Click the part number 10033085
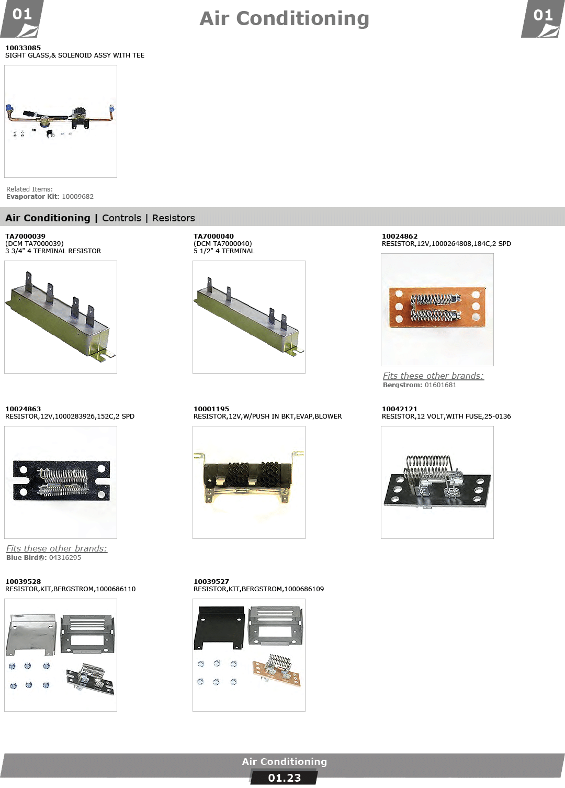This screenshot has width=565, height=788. pos(23,48)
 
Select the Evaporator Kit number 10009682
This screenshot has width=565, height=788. pos(78,197)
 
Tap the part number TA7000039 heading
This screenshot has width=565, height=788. pos(25,237)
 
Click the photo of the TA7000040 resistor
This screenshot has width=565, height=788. pos(248,317)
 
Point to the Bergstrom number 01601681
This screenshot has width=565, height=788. pos(440,385)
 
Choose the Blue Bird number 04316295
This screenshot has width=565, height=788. pos(65,558)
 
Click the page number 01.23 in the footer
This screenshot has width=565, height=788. pos(284,778)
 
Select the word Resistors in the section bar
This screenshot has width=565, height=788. pos(174,218)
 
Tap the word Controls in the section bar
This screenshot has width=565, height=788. pos(122,218)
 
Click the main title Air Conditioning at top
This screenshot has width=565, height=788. pos(284,18)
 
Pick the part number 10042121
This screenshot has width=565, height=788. pos(400,409)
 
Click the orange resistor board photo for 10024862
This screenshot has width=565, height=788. pos(437,308)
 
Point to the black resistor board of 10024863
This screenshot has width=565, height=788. pos(61,480)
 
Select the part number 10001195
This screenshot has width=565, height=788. pos(211,409)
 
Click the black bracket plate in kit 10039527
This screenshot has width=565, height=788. pos(219,628)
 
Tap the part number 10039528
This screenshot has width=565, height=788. pos(23,582)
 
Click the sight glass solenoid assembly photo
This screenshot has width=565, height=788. pos(61,121)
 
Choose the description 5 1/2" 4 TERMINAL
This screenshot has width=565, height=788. pos(224,251)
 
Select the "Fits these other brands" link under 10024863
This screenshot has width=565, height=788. pos(56,548)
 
